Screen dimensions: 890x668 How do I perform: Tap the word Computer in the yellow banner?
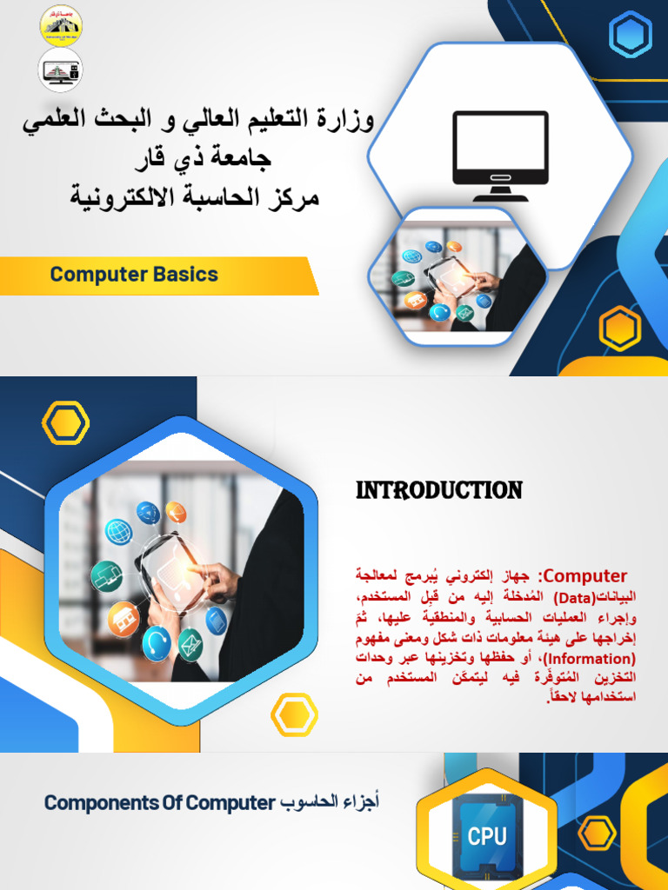[97, 275]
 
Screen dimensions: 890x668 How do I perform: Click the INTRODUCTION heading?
[439, 491]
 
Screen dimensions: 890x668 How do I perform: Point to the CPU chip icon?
[486, 836]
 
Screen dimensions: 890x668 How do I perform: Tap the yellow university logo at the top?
[61, 23]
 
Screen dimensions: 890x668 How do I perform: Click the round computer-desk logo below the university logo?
[61, 70]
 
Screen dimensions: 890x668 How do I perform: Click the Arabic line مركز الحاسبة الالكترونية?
[195, 197]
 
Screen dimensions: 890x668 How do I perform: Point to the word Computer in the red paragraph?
[585, 575]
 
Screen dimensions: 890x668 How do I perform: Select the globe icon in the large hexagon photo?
[118, 532]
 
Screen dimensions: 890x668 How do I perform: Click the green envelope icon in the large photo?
[190, 644]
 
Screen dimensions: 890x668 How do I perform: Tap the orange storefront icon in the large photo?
[123, 618]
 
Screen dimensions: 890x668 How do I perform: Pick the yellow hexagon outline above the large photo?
[65, 423]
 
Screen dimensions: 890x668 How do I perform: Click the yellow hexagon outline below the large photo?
[294, 714]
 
